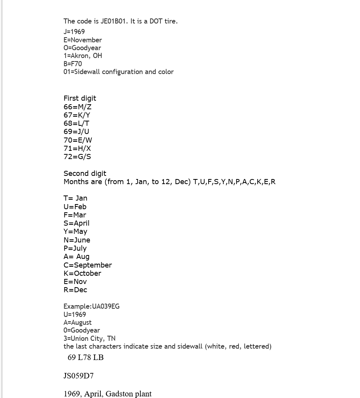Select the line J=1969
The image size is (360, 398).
pyautogui.click(x=74, y=32)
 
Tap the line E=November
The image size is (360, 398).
pyautogui.click(x=83, y=40)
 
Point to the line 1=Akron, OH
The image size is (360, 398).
pyautogui.click(x=83, y=56)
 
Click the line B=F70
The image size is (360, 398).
pyautogui.click(x=73, y=64)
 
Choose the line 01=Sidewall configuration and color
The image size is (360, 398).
pyautogui.click(x=118, y=72)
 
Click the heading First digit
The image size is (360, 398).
pyautogui.click(x=80, y=98)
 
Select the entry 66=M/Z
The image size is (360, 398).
pyautogui.click(x=77, y=107)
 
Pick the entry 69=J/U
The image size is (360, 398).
pyautogui.click(x=76, y=132)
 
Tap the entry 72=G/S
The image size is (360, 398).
pyautogui.click(x=77, y=157)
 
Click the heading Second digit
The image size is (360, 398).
pyautogui.click(x=85, y=174)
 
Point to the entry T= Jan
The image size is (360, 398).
pyautogui.click(x=75, y=198)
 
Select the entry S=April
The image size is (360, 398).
pyautogui.click(x=76, y=223)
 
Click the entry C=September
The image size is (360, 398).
pyautogui.click(x=87, y=265)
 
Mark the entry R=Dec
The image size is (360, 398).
pyautogui.click(x=75, y=290)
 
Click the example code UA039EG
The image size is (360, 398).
pyautogui.click(x=105, y=306)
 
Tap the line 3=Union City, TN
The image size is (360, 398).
pyautogui.click(x=89, y=338)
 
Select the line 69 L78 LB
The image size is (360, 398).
pyautogui.click(x=85, y=357)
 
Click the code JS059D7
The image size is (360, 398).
pyautogui.click(x=78, y=376)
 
